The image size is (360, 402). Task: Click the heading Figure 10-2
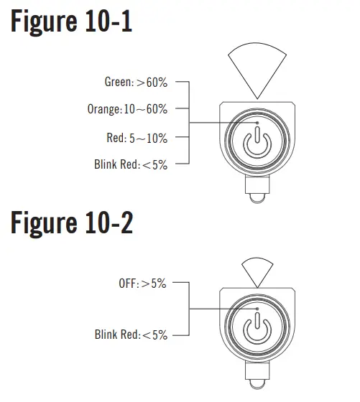72,223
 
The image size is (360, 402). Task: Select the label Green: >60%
136,83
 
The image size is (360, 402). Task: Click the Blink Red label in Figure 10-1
130,164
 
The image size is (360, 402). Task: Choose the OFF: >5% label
142,284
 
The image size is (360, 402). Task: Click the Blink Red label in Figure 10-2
130,335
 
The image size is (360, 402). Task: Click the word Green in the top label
118,83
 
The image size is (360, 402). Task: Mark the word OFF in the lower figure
127,284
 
